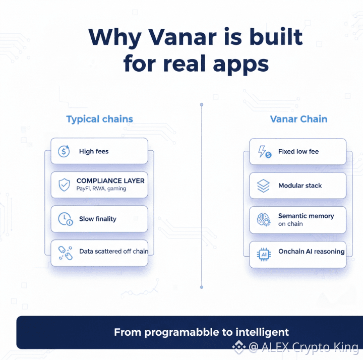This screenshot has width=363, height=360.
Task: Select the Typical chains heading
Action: (99, 119)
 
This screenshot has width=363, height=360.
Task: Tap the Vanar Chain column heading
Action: (298, 119)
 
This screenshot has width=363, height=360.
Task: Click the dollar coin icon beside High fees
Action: (64, 151)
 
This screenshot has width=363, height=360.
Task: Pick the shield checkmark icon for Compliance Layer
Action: (64, 185)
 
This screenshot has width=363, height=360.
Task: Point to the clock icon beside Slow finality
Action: (65, 219)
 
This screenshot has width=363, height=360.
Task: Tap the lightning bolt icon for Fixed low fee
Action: (264, 152)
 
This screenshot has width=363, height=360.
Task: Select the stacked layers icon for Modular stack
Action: (264, 186)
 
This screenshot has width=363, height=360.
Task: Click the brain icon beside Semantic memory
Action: (264, 220)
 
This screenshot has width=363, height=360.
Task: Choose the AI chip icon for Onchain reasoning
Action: (264, 255)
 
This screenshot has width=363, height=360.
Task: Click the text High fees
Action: (94, 151)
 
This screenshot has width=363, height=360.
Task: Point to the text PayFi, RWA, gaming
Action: (101, 189)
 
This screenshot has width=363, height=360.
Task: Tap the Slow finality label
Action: (98, 219)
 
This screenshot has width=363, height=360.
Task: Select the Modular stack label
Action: (300, 186)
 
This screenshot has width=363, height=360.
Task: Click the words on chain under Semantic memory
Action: (290, 224)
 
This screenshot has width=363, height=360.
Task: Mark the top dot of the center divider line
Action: (202, 105)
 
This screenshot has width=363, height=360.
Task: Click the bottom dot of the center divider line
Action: (202, 287)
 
